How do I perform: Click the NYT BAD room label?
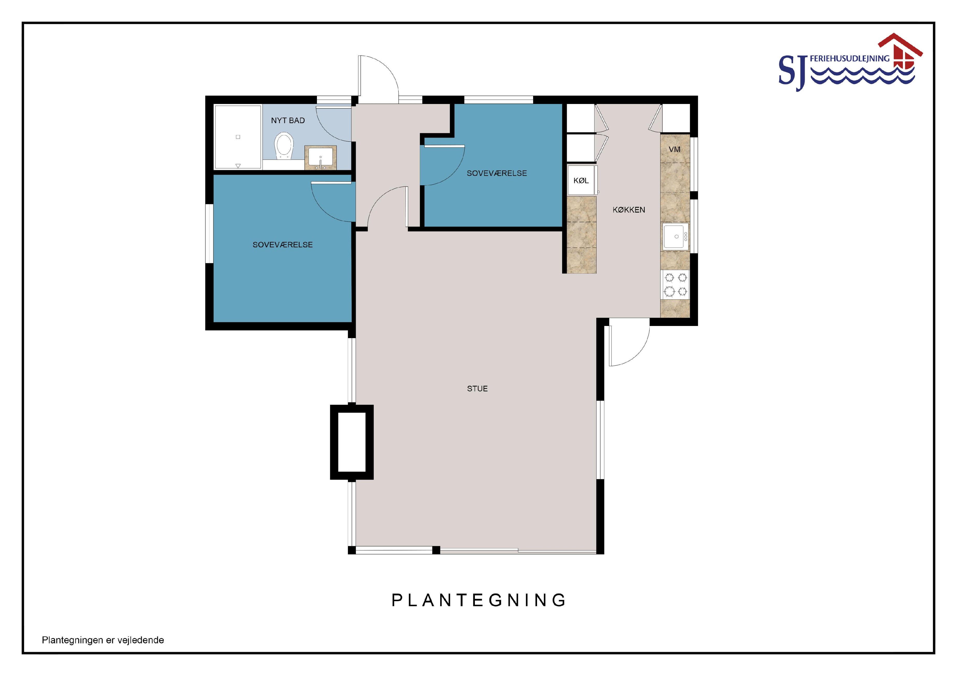pyautogui.click(x=288, y=120)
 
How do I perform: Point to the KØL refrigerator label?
pyautogui.click(x=581, y=180)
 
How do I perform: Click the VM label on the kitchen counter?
pyautogui.click(x=675, y=149)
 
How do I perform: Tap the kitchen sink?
pyautogui.click(x=675, y=236)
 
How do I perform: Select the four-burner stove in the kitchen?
pyautogui.click(x=675, y=285)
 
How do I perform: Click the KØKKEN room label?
pyautogui.click(x=629, y=210)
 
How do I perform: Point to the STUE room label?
pyautogui.click(x=477, y=389)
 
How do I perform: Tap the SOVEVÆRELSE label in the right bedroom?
pyautogui.click(x=497, y=173)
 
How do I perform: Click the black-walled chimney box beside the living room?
pyautogui.click(x=352, y=442)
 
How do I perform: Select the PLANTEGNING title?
pyautogui.click(x=479, y=600)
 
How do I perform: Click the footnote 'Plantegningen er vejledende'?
pyautogui.click(x=103, y=640)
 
